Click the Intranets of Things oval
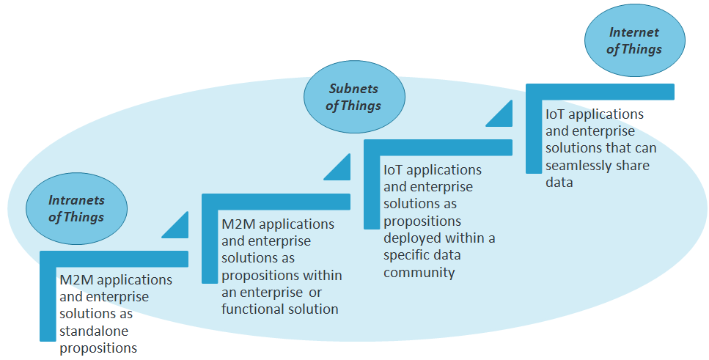tap(76, 208)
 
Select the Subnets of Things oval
tap(354, 98)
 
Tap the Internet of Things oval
tap(635, 41)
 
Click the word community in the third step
tap(419, 273)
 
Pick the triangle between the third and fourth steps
tap(501, 114)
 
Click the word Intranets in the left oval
tap(76, 200)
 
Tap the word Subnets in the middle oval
tap(353, 89)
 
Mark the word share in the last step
tap(633, 166)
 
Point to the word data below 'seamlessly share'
tap(559, 183)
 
